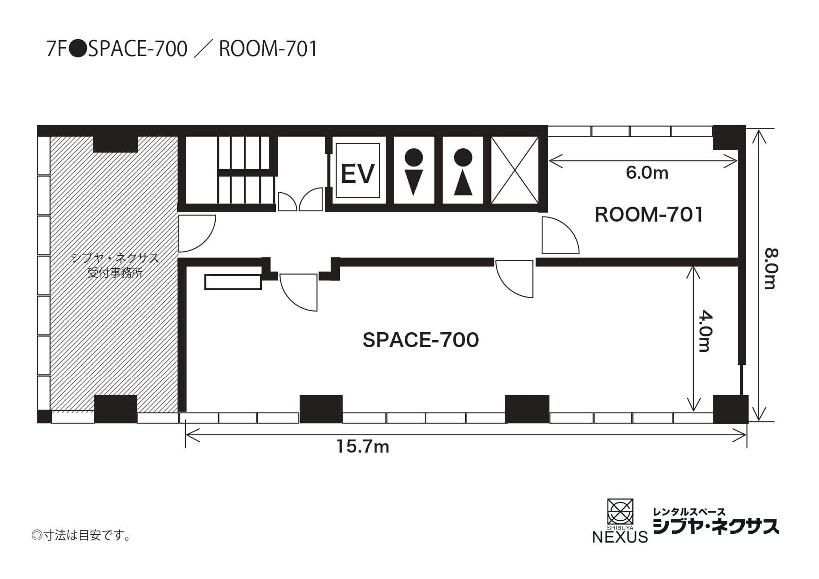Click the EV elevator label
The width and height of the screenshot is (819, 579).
click(358, 173)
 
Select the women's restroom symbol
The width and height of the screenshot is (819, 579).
click(463, 171)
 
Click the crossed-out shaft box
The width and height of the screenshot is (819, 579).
click(515, 170)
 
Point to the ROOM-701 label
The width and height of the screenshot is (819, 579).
click(649, 215)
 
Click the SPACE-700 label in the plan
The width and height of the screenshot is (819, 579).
click(421, 340)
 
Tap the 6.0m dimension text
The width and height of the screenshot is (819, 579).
click(647, 173)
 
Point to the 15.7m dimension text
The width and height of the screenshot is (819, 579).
click(363, 447)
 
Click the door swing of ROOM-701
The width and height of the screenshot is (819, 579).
click(560, 236)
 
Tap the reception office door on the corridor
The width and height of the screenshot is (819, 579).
click(197, 233)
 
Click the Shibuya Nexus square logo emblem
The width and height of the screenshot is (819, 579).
click(620, 511)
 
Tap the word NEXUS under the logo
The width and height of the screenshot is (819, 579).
click(620, 537)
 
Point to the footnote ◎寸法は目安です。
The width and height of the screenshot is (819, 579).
click(81, 535)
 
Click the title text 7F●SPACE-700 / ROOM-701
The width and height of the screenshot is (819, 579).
click(182, 49)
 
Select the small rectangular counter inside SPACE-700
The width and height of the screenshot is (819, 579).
click(233, 282)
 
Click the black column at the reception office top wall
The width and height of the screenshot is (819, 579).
click(115, 144)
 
